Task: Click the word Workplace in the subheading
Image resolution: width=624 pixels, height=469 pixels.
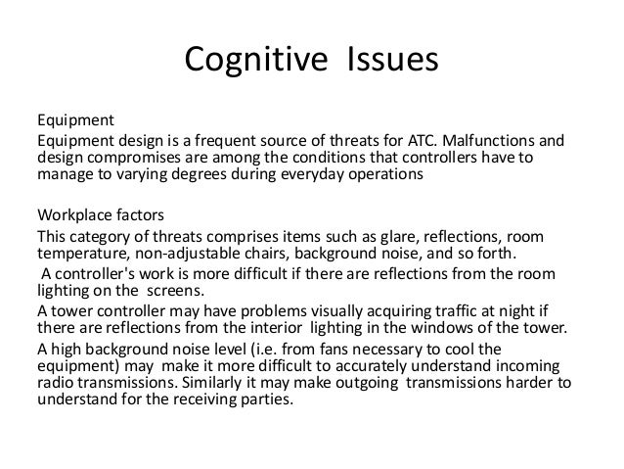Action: pos(73,216)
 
